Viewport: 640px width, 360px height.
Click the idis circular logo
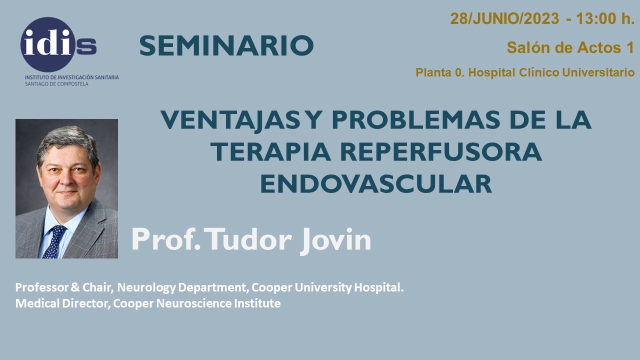pyautogui.click(x=48, y=44)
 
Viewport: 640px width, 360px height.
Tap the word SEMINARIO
pyautogui.click(x=226, y=45)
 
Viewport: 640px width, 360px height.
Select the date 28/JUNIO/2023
pyautogui.click(x=504, y=18)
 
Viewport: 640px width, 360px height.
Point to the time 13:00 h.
pyautogui.click(x=604, y=18)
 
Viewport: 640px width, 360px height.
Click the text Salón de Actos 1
pyautogui.click(x=570, y=47)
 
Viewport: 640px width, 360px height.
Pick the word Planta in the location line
pyautogui.click(x=433, y=72)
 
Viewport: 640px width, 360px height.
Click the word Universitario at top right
pyautogui.click(x=598, y=72)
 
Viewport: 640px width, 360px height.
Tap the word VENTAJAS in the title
pyautogui.click(x=230, y=120)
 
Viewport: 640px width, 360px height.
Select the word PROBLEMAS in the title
pyautogui.click(x=415, y=120)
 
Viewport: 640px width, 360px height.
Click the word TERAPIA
pyautogui.click(x=270, y=152)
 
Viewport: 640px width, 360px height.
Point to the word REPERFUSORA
pyautogui.click(x=441, y=152)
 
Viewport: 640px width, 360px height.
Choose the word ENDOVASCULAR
pyautogui.click(x=376, y=184)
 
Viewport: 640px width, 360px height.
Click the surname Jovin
pyautogui.click(x=335, y=240)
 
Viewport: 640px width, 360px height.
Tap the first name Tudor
pyautogui.click(x=247, y=239)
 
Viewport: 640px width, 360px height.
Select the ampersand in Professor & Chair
pyautogui.click(x=75, y=287)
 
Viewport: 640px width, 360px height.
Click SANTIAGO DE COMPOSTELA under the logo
pyautogui.click(x=56, y=84)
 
